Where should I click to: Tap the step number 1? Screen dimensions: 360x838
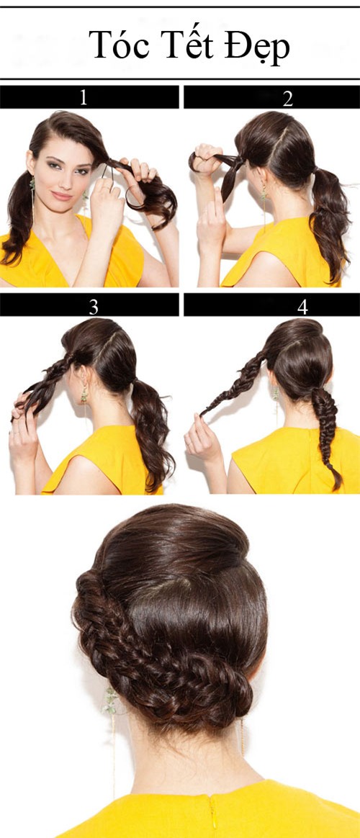pyautogui.click(x=83, y=97)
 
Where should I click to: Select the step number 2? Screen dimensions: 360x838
pyautogui.click(x=288, y=98)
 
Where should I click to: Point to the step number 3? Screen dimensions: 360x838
pyautogui.click(x=94, y=307)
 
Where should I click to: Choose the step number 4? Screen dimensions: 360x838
pyautogui.click(x=302, y=307)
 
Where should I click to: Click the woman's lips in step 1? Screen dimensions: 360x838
pyautogui.click(x=62, y=195)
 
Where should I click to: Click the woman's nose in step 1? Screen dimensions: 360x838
pyautogui.click(x=64, y=180)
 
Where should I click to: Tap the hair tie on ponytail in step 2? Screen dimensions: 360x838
pyautogui.click(x=315, y=171)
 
